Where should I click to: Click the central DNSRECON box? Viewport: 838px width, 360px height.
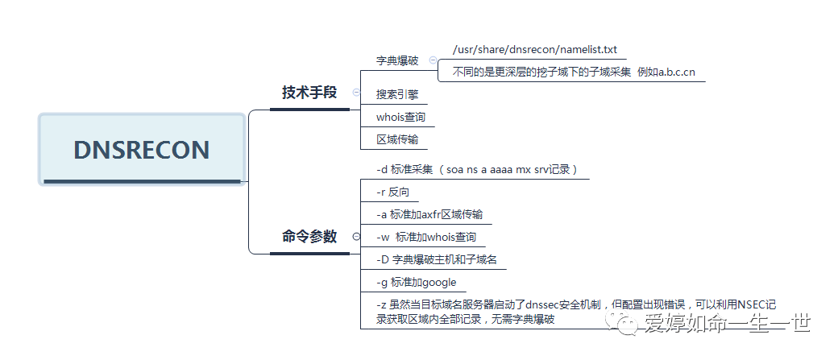[141, 150]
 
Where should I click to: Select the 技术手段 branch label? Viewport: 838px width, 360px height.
[309, 93]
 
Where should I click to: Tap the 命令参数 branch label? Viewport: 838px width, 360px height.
[309, 237]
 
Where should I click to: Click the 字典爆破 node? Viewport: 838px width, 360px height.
[397, 61]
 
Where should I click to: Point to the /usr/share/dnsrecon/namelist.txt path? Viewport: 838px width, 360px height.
[534, 50]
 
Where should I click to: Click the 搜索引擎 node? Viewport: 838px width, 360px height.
[397, 94]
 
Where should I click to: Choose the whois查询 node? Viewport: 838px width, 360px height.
[400, 117]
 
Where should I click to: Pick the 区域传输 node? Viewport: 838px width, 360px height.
[397, 139]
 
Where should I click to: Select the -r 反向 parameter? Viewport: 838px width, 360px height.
[393, 192]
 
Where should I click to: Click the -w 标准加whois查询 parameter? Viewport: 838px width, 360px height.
[426, 238]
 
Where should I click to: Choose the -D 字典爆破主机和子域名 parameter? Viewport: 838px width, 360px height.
[436, 260]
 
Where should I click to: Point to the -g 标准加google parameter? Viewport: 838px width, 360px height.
[417, 283]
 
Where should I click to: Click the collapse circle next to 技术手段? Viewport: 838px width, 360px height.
[356, 93]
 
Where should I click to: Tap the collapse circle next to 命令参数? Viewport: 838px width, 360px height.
[355, 237]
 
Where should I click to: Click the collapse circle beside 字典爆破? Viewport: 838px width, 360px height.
[433, 60]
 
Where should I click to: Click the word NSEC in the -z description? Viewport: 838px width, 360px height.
[753, 305]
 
